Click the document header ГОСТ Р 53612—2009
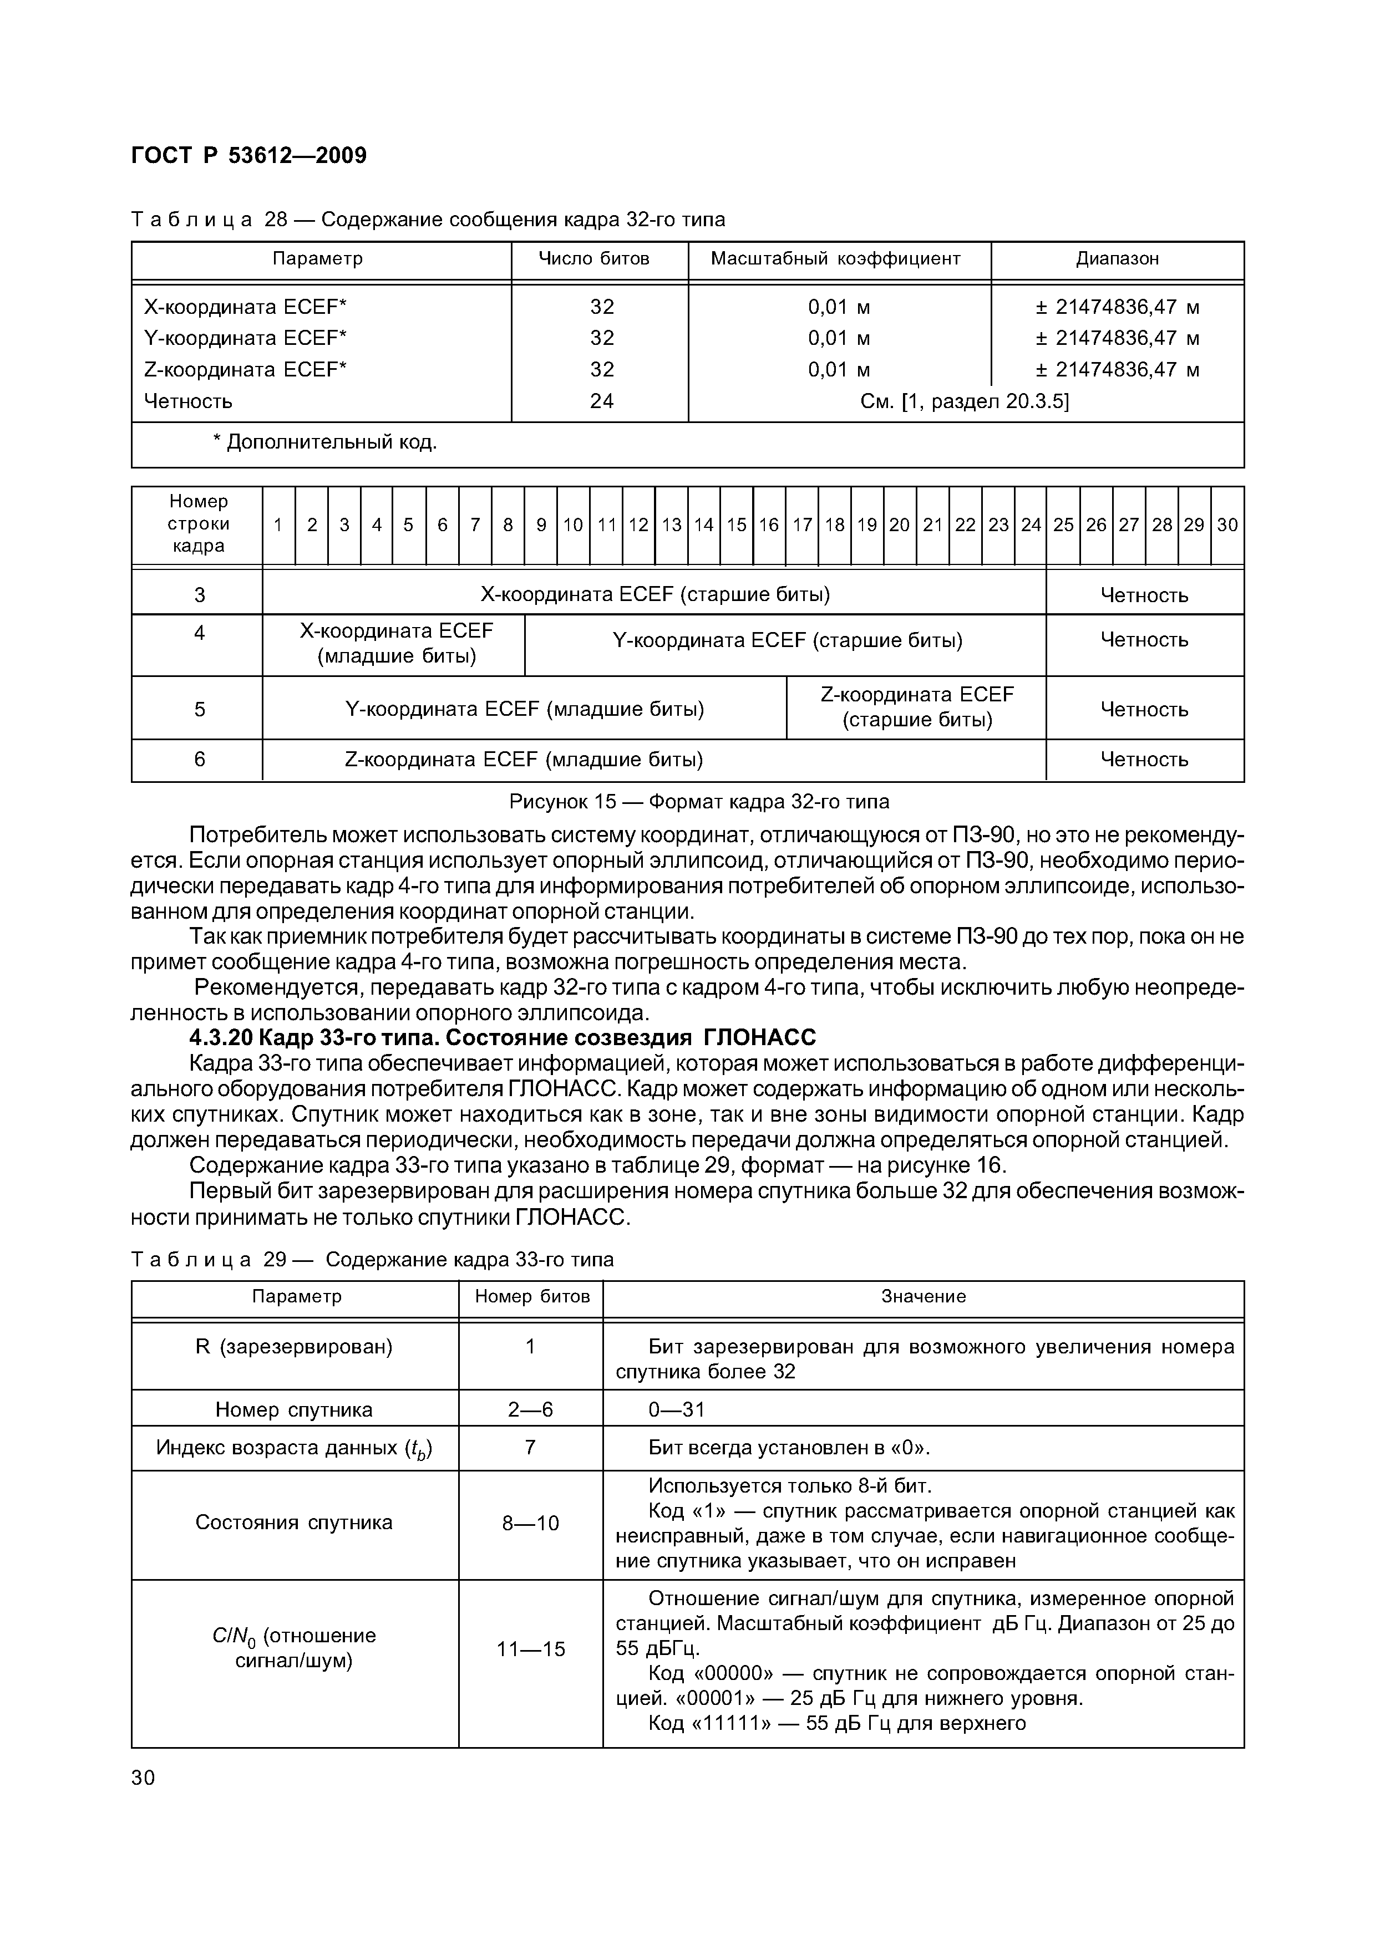(x=249, y=156)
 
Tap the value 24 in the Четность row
(x=601, y=401)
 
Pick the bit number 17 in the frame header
(x=802, y=525)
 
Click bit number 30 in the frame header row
(x=1227, y=525)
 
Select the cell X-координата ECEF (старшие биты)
(x=655, y=595)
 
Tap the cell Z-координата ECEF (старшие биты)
(x=917, y=707)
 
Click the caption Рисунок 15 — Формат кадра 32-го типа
(x=699, y=801)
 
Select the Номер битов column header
(x=531, y=1297)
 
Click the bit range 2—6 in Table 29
(x=530, y=1409)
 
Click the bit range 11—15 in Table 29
(x=530, y=1648)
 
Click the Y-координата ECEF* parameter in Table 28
(x=246, y=338)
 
